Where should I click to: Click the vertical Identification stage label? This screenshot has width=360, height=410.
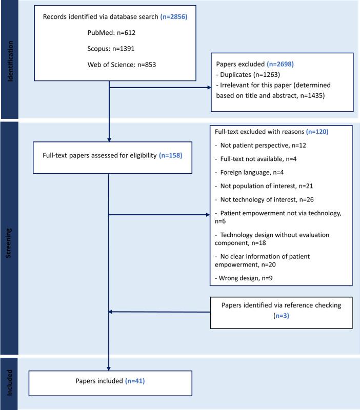(x=9, y=59)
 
